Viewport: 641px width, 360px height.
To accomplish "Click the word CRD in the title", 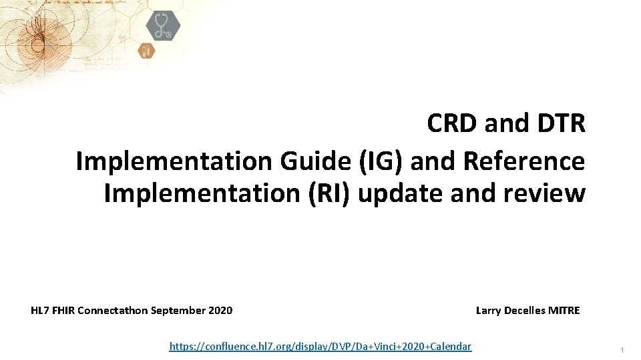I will [x=452, y=123].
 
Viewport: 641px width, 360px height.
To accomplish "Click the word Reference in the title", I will [x=524, y=161].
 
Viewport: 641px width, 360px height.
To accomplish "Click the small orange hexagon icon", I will [x=146, y=50].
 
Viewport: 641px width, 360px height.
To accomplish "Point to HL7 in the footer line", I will [x=41, y=310].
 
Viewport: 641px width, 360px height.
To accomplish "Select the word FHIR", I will [x=65, y=310].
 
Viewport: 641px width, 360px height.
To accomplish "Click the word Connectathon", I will [x=113, y=310].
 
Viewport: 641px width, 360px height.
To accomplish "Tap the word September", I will [x=179, y=310].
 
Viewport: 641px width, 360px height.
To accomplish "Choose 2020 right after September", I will [x=220, y=310].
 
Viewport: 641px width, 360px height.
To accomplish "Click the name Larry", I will [x=489, y=310].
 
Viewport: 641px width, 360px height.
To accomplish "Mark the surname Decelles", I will [x=525, y=310].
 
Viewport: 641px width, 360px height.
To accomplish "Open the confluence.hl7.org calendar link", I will [x=320, y=346].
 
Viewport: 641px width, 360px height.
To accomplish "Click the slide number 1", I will [x=622, y=350].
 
